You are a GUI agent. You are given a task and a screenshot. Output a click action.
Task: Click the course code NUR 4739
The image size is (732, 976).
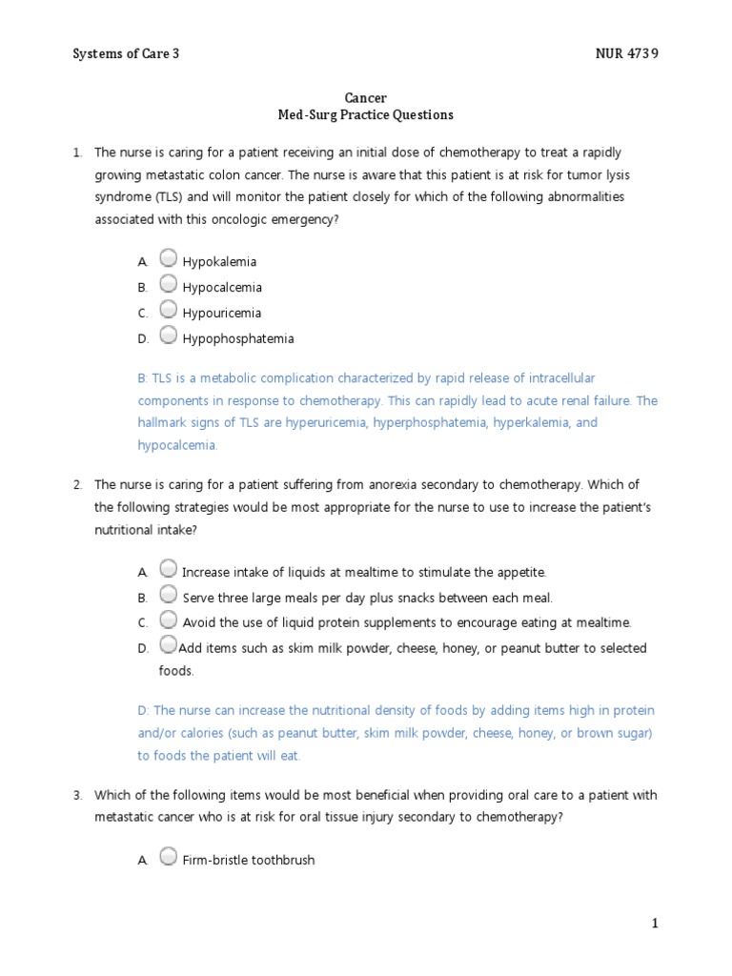tap(625, 53)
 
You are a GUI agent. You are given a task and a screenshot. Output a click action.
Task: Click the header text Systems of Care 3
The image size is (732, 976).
tap(126, 53)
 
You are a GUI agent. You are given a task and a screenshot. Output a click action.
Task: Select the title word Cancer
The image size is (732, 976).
tap(365, 98)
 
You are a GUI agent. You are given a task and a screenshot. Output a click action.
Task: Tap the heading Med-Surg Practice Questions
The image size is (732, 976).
tap(365, 115)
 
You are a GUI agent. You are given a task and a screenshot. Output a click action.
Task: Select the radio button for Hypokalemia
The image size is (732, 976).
tap(168, 257)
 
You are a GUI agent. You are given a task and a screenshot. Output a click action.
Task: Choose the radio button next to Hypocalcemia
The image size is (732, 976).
tap(168, 283)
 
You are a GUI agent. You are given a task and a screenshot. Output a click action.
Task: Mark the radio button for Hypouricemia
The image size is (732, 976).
tap(168, 309)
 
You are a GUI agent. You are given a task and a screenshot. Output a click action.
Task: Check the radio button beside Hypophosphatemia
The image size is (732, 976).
tap(168, 335)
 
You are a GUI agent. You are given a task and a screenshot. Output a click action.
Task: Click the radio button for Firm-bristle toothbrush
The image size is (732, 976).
tap(168, 857)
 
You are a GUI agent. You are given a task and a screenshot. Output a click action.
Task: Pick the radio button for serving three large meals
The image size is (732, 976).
tap(168, 595)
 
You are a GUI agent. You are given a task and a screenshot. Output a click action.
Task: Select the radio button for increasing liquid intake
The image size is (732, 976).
tap(168, 569)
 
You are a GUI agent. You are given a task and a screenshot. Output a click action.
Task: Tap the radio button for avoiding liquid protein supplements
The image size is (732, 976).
tap(168, 620)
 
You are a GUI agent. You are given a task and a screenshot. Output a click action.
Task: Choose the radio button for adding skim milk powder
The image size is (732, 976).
tap(168, 645)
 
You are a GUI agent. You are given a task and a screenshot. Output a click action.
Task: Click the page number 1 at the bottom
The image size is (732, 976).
tap(655, 923)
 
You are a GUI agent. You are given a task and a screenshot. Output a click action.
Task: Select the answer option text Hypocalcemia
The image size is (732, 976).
tap(222, 288)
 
